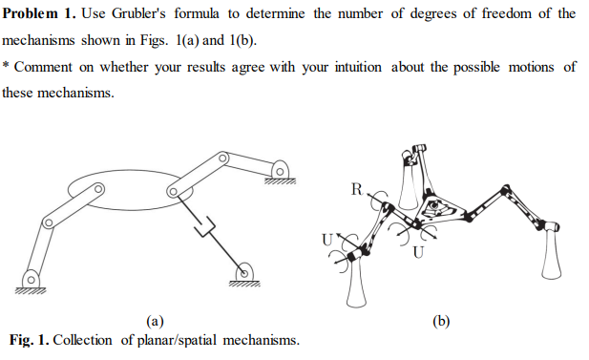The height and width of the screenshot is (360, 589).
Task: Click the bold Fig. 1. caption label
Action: click(30, 340)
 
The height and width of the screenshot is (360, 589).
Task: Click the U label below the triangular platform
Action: click(417, 253)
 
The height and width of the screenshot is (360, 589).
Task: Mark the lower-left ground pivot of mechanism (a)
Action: click(30, 279)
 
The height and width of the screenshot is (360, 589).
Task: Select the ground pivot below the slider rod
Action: click(244, 274)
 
